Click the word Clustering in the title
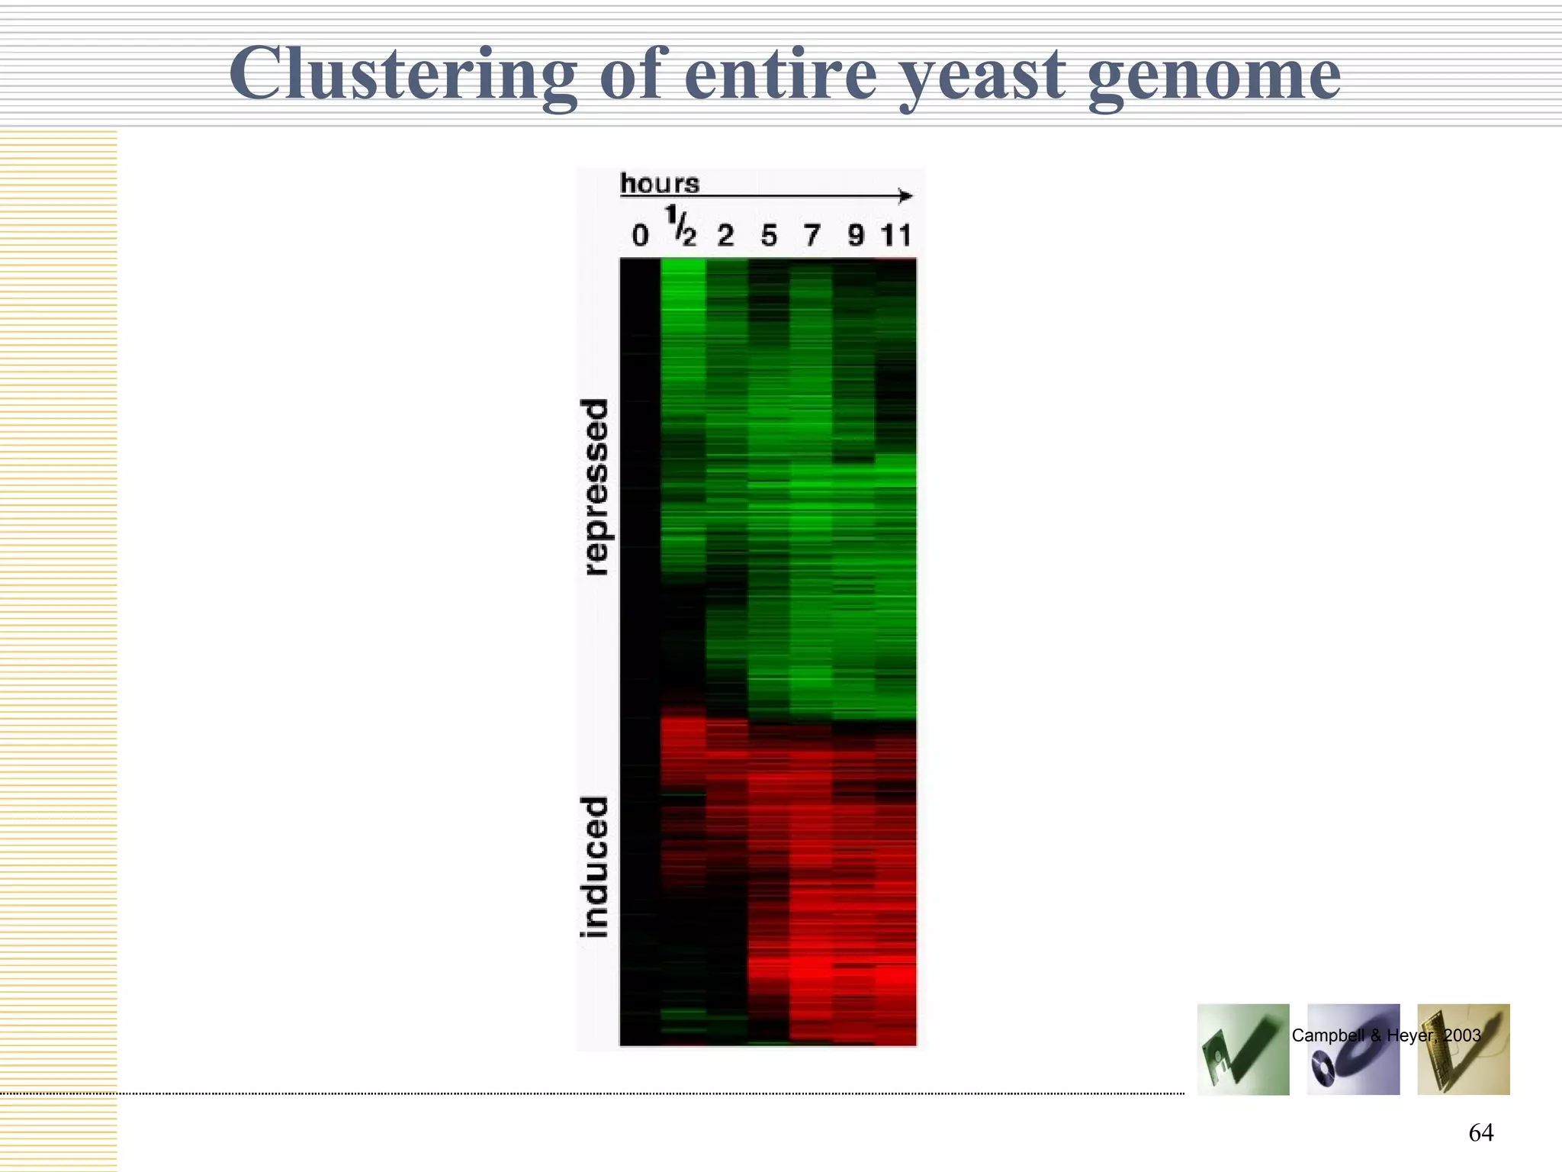pyautogui.click(x=402, y=74)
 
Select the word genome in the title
pyautogui.click(x=1213, y=76)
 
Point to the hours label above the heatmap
pyautogui.click(x=660, y=183)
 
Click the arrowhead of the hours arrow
pyautogui.click(x=905, y=196)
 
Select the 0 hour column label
pyautogui.click(x=640, y=235)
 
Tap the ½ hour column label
pyautogui.click(x=681, y=227)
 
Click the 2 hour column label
pyautogui.click(x=725, y=235)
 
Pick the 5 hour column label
pyautogui.click(x=769, y=235)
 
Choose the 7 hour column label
pyautogui.click(x=812, y=235)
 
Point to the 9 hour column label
pyautogui.click(x=856, y=235)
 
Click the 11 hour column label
pyautogui.click(x=896, y=235)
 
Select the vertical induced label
pyautogui.click(x=595, y=867)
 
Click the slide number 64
pyautogui.click(x=1480, y=1132)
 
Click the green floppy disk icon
pyautogui.click(x=1243, y=1050)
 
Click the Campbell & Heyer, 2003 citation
pyautogui.click(x=1386, y=1035)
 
